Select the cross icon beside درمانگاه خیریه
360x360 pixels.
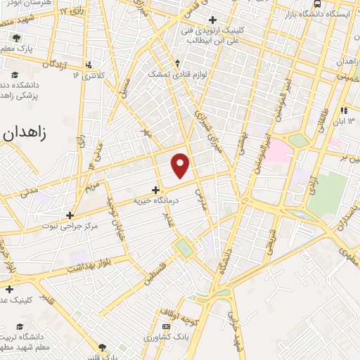155,189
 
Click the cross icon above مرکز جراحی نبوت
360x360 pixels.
69,215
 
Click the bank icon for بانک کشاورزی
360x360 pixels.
167,327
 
